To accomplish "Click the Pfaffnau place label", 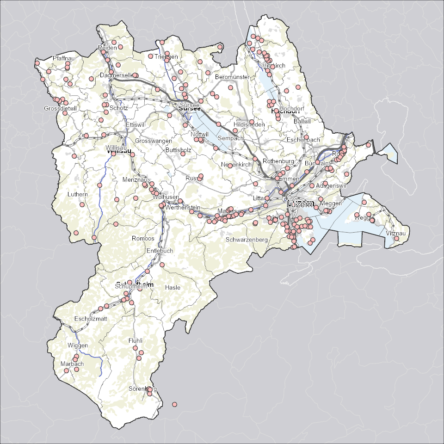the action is pos(63,58).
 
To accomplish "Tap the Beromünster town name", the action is pos(232,77).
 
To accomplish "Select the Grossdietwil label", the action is pos(60,109).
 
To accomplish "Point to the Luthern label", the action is pos(77,194).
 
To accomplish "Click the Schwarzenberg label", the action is pos(247,240).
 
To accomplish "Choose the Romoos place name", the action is pos(143,239).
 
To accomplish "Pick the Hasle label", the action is pos(173,288).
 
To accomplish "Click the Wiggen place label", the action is pos(77,346).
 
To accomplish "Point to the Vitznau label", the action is pos(396,234).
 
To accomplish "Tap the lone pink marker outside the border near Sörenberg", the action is pos(174,404).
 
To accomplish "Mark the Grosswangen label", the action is pos(154,140).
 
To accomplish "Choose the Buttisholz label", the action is pos(178,150).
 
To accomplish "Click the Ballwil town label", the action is pos(302,121).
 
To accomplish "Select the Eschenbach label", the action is pos(303,140).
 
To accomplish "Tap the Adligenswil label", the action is pos(331,185).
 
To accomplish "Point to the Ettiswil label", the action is pos(135,125).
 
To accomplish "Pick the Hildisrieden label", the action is pos(249,125).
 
